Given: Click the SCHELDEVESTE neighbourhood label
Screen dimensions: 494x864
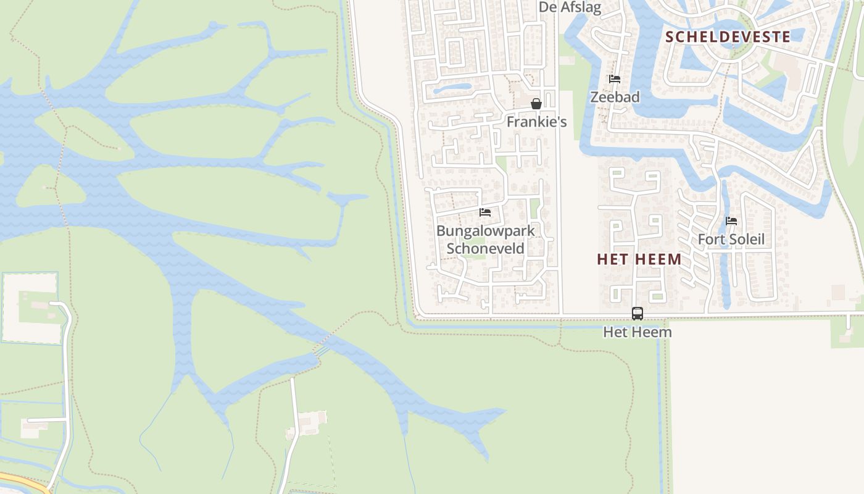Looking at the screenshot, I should point(728,36).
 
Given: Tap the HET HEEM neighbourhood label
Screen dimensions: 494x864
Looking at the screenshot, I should point(639,259).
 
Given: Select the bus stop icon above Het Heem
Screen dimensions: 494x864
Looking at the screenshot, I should point(638,314).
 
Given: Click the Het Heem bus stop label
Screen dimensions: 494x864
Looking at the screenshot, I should point(638,332).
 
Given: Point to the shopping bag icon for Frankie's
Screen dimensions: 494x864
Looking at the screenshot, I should point(536,104).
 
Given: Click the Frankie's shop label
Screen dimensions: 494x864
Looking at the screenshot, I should point(536,122).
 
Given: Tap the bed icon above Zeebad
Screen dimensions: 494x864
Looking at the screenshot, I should point(615,79).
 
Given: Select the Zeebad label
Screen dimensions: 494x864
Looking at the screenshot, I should point(615,97).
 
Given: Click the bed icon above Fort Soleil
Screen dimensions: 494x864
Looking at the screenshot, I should point(731,221).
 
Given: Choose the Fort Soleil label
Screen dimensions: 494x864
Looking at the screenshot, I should point(731,239).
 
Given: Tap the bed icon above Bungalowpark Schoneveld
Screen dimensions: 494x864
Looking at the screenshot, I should point(485,212).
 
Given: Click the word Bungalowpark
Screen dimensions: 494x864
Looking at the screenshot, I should point(485,231).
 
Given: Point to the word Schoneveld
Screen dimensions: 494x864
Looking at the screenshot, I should point(485,248).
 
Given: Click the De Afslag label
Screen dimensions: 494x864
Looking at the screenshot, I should point(570,7).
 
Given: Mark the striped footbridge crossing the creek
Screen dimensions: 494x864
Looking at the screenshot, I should point(322,350).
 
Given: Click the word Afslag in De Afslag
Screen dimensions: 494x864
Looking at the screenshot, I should point(581,7).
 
